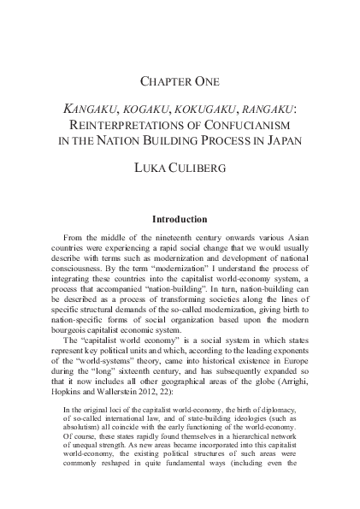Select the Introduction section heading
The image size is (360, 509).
pyautogui.click(x=180, y=219)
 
